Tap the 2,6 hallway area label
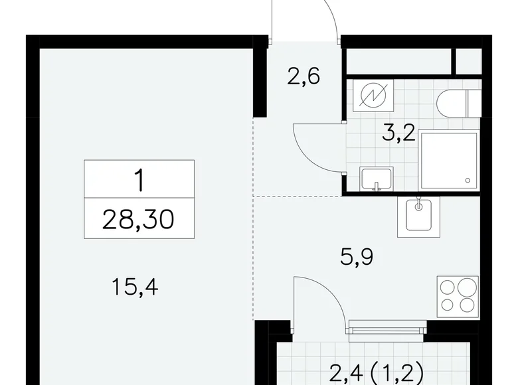click(x=303, y=77)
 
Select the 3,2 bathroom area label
click(x=398, y=133)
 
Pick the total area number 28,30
click(x=139, y=217)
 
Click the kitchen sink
click(x=418, y=216)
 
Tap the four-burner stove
click(x=457, y=295)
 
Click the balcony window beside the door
click(x=387, y=326)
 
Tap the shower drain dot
click(x=469, y=179)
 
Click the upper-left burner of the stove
click(x=448, y=287)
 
